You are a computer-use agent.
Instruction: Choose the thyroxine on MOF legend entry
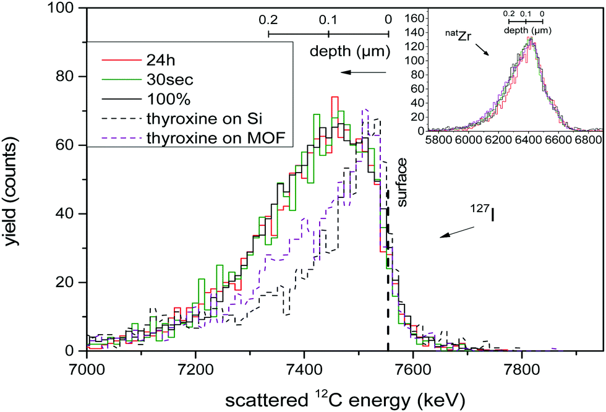(211, 137)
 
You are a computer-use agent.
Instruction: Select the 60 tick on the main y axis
(67, 145)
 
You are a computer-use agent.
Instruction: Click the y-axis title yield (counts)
(16, 179)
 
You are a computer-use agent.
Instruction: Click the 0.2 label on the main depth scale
(268, 19)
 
